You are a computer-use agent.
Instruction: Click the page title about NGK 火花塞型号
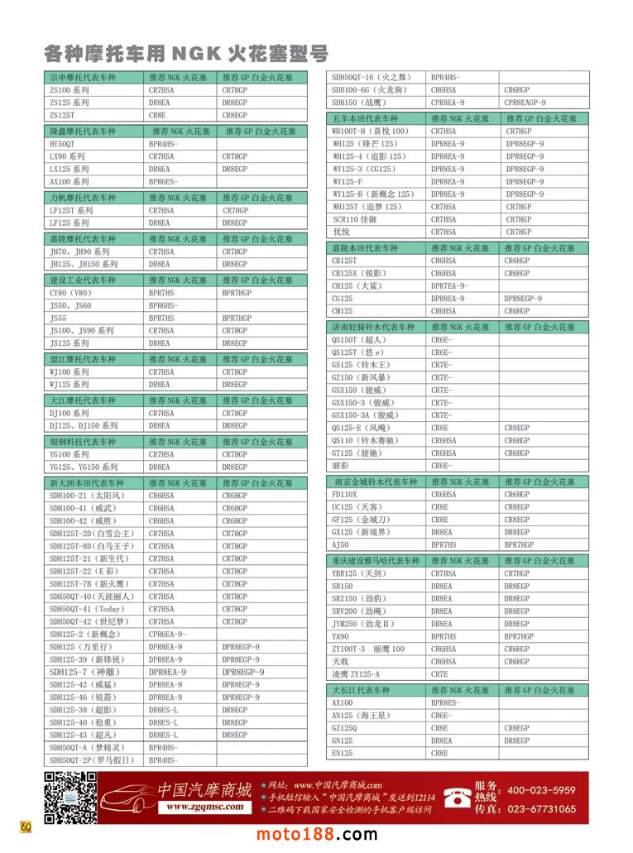pos(186,55)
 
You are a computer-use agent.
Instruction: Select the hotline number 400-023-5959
pos(541,790)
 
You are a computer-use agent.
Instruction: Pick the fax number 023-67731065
pos(541,809)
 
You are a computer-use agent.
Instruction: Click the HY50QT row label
pos(62,144)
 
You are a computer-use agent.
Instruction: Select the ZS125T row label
pos(61,115)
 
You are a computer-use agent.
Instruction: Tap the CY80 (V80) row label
pos(70,293)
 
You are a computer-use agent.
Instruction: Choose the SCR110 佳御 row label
pos(354,219)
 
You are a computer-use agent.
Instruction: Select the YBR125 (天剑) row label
pos(358,573)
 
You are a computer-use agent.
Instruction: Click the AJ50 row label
pos(340,545)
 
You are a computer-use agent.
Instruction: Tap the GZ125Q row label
pos(346,728)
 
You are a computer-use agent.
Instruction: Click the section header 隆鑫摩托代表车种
pos(83,132)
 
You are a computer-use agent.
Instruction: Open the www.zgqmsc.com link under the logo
pos(203,807)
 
